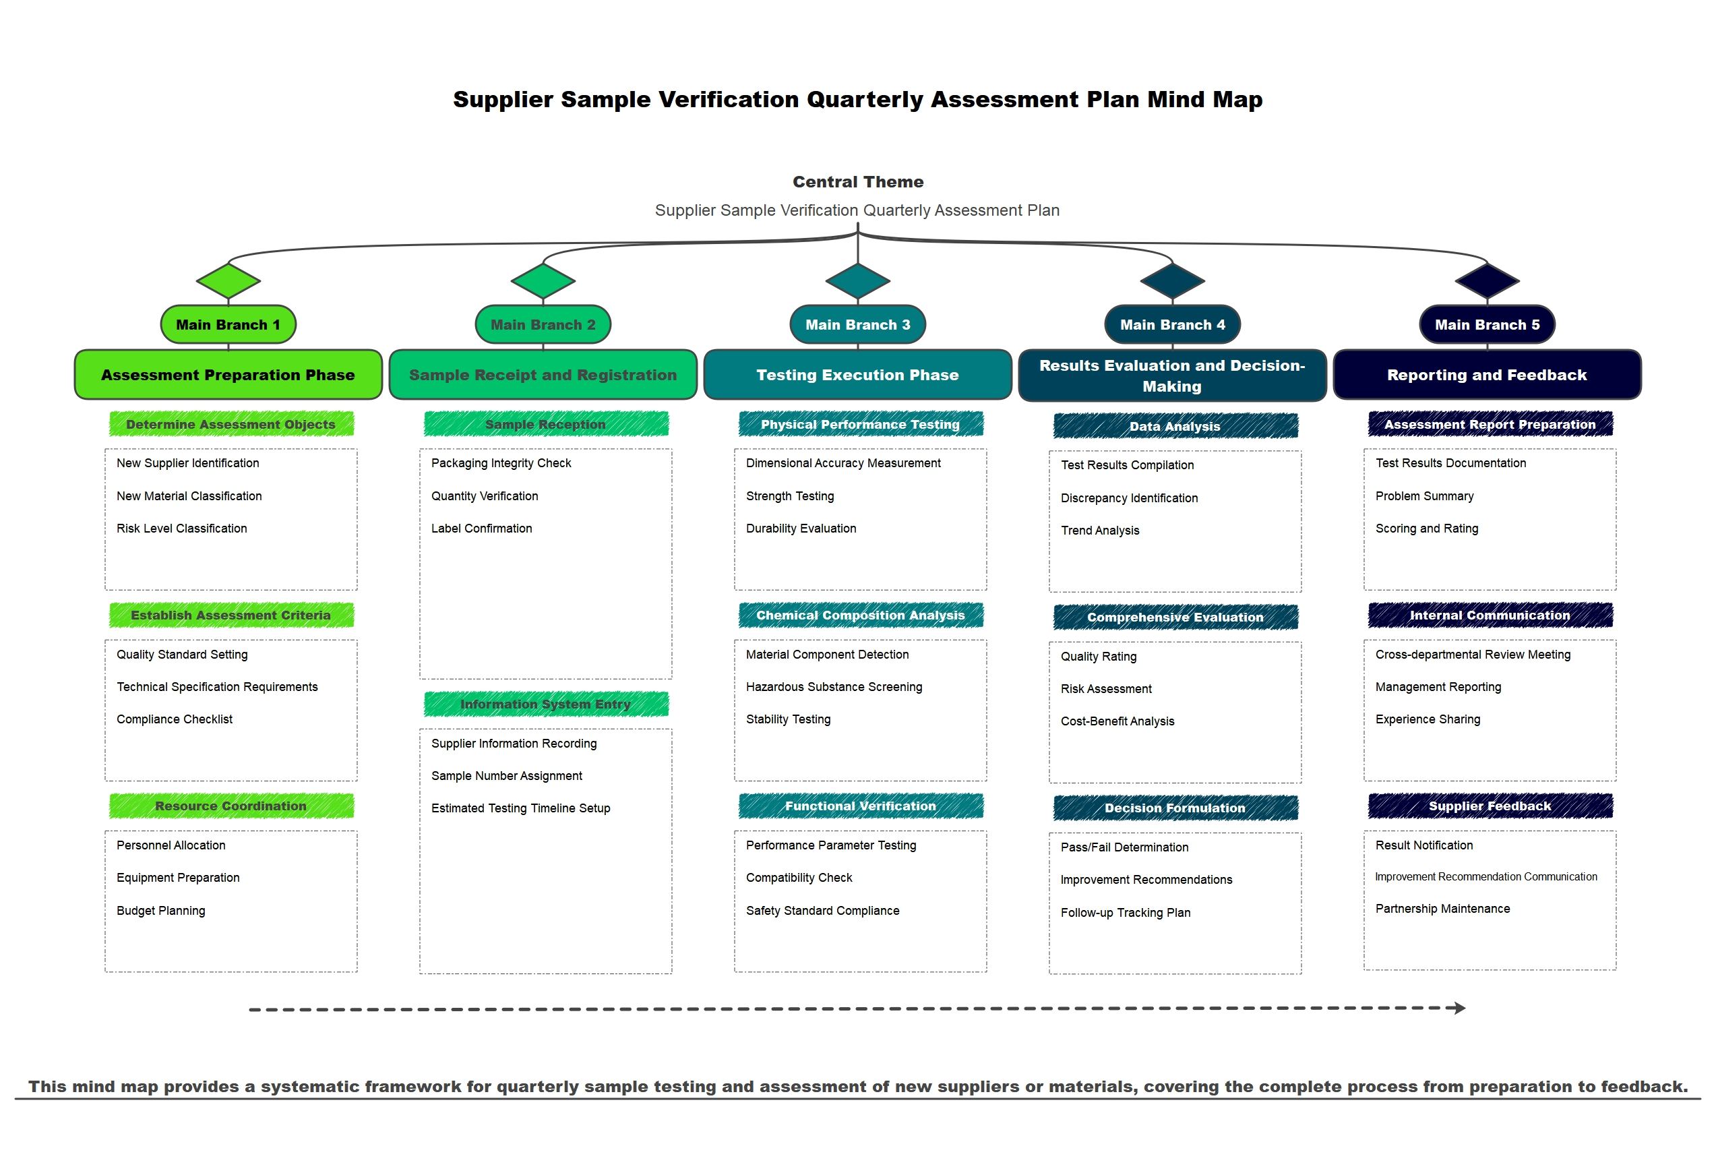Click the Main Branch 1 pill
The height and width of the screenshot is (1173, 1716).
click(228, 324)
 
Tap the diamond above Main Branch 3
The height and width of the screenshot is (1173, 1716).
click(857, 280)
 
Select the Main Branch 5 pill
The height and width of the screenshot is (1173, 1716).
click(1487, 324)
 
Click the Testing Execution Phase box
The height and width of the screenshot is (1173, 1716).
click(857, 375)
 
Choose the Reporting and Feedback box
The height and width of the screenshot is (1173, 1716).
click(1487, 375)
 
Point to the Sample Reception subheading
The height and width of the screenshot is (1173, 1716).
click(546, 424)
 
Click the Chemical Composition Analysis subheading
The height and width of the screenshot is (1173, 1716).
click(860, 615)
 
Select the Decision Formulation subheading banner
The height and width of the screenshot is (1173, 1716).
click(1175, 808)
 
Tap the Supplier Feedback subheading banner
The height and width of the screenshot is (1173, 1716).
click(1490, 806)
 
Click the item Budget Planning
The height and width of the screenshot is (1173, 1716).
click(161, 911)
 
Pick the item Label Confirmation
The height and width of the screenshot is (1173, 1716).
click(481, 528)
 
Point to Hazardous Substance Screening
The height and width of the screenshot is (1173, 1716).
click(834, 687)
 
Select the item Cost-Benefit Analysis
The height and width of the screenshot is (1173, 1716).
click(1117, 721)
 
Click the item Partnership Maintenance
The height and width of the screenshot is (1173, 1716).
click(1442, 909)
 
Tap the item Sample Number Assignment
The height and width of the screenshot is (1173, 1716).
click(507, 776)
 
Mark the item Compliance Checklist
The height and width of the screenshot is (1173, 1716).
click(175, 719)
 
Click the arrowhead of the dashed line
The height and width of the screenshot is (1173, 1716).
click(1459, 1008)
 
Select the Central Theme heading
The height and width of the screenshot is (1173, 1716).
click(858, 182)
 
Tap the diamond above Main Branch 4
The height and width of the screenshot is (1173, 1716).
click(1173, 280)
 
